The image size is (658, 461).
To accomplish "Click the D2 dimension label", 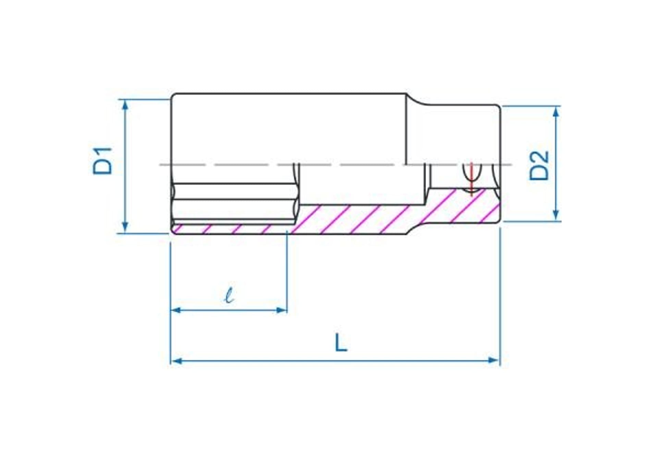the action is [x=539, y=166].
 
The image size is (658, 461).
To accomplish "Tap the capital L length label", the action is [x=341, y=343].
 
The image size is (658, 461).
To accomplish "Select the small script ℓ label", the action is [x=229, y=296].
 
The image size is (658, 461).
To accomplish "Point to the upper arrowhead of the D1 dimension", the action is [x=125, y=106].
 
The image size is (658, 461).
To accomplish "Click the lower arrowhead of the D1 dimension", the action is [x=125, y=227].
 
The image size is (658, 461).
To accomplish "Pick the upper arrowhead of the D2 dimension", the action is [x=556, y=112].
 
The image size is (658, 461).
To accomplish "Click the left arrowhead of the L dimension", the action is [x=176, y=360].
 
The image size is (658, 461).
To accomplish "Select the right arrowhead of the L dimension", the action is [x=495, y=360].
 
